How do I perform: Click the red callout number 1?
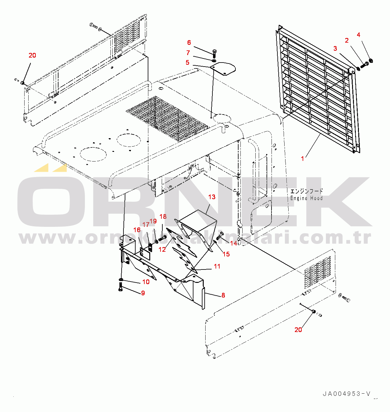tap(303, 159)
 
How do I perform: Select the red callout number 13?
tap(212, 197)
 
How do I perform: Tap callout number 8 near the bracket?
tap(223, 295)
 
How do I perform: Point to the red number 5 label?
tap(188, 63)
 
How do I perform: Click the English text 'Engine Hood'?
tap(306, 198)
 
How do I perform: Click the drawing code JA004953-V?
tap(346, 394)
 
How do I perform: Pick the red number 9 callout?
tap(143, 293)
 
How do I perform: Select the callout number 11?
tap(217, 266)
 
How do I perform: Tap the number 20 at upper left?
tap(32, 55)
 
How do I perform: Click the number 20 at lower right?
tap(298, 330)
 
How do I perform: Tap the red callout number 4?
tap(359, 35)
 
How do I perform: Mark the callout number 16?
tap(137, 230)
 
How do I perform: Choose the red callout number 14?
tap(234, 243)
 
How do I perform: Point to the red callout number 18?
tap(163, 217)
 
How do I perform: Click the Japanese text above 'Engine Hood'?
tap(306, 191)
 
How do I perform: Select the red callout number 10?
tap(146, 282)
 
